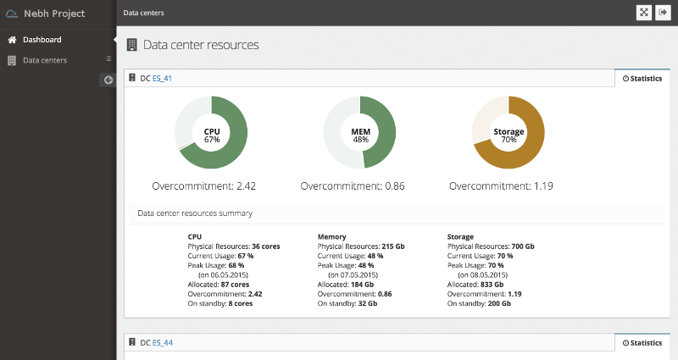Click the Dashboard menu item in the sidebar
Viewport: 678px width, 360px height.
pos(42,40)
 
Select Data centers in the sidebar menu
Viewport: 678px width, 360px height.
pos(44,60)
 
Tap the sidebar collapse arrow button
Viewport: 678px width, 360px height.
pos(108,80)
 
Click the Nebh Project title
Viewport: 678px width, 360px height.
pos(53,14)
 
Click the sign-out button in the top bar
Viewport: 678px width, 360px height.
pos(664,13)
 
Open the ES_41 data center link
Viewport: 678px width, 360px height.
pos(162,79)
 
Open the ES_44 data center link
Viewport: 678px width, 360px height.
pos(162,343)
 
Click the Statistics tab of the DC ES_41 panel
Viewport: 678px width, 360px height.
pos(642,79)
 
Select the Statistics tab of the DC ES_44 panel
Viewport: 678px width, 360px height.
pos(642,343)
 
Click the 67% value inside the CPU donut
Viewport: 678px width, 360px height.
pos(212,140)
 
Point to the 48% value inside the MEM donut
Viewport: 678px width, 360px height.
pos(360,140)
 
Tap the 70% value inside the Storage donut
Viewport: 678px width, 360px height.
pos(508,140)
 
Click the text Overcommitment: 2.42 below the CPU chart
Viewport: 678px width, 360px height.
pos(203,186)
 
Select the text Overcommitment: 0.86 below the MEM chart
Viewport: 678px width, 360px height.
pos(352,186)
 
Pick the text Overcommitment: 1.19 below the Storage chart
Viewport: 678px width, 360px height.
pos(501,186)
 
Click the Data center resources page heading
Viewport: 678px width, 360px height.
pos(201,45)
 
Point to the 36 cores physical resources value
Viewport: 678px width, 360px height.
pos(266,246)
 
